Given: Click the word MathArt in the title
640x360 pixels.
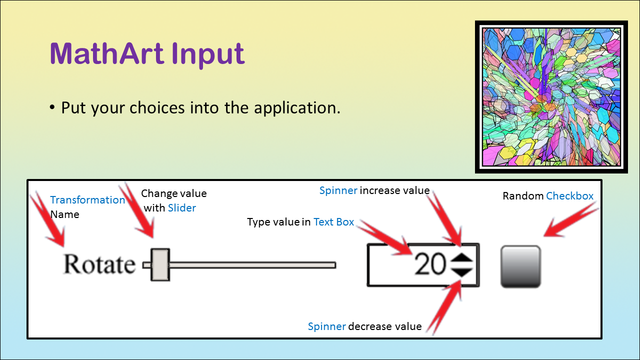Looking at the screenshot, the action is (x=106, y=53).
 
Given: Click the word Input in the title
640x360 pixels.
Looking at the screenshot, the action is (x=208, y=55).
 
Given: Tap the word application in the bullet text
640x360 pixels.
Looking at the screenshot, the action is (x=297, y=108).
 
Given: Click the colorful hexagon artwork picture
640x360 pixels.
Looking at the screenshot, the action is (x=551, y=97).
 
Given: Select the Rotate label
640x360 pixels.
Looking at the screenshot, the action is (x=99, y=264).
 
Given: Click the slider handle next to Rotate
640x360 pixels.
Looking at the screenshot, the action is (x=160, y=264).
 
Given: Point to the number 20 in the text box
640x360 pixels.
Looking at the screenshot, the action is (x=430, y=264).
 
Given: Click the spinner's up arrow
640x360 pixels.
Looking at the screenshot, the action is (x=461, y=258).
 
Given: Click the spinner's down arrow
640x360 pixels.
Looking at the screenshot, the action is (x=461, y=272).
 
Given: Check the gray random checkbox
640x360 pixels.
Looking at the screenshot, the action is (x=520, y=266).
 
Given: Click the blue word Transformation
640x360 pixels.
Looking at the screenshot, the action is (x=87, y=200).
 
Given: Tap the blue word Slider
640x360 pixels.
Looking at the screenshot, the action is (x=181, y=207).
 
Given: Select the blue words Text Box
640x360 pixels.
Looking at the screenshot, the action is (x=333, y=222).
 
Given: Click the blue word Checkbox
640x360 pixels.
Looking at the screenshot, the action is (x=569, y=196).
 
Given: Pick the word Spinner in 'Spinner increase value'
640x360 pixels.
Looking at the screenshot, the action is (x=338, y=190).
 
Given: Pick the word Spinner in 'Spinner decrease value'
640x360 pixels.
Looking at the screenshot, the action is (x=327, y=326).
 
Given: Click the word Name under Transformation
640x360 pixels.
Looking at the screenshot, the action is (x=64, y=214).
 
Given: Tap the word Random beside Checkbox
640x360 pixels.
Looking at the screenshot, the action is (x=523, y=196).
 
